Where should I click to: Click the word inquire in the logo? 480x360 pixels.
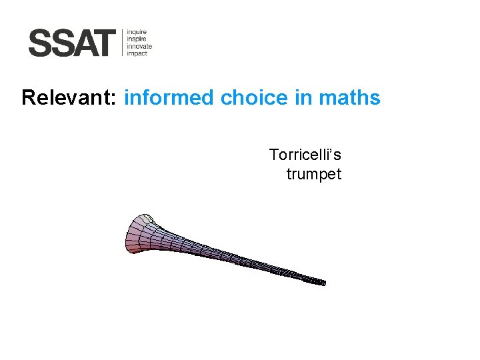(x=137, y=31)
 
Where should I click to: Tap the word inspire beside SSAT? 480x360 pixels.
(x=137, y=39)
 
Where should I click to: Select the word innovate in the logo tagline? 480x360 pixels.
(x=139, y=46)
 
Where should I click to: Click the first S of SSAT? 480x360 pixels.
(x=40, y=43)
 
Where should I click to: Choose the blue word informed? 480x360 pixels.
(x=169, y=98)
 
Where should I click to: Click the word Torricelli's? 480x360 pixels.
(x=305, y=155)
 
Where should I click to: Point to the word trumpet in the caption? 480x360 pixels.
(x=313, y=175)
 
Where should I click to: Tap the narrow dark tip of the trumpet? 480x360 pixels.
(x=319, y=281)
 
